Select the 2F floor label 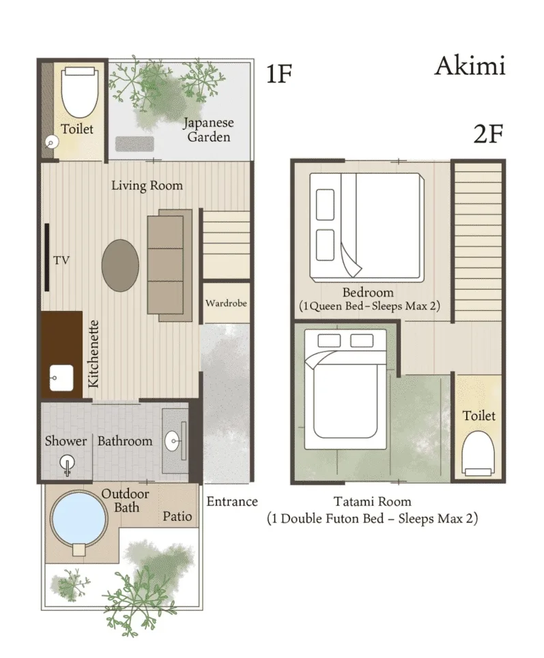click(488, 134)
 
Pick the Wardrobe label click(226, 303)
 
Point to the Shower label click(66, 441)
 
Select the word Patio click(177, 517)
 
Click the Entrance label click(232, 502)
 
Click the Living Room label click(147, 185)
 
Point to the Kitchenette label click(94, 354)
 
